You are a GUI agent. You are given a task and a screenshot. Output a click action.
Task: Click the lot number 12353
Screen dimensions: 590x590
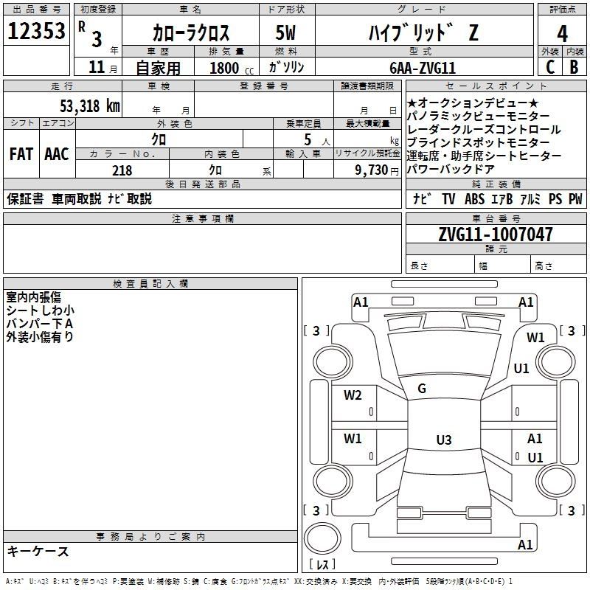36,31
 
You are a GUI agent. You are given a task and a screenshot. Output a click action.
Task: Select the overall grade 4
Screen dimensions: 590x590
562,34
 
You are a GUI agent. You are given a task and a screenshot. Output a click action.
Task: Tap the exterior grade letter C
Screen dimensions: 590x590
550,67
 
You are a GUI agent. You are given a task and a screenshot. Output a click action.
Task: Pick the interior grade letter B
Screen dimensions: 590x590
574,67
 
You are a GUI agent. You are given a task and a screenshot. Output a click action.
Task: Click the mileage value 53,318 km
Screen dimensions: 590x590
90,106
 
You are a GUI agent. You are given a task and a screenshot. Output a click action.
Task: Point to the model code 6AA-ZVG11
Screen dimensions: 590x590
423,68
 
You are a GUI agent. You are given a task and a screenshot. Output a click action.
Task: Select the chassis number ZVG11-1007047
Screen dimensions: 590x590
496,235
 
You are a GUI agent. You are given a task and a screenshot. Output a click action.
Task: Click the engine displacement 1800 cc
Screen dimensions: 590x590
232,68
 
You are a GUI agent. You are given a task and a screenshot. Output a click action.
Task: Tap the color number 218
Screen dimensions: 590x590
122,170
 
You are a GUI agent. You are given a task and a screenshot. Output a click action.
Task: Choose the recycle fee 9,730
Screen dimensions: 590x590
372,170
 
